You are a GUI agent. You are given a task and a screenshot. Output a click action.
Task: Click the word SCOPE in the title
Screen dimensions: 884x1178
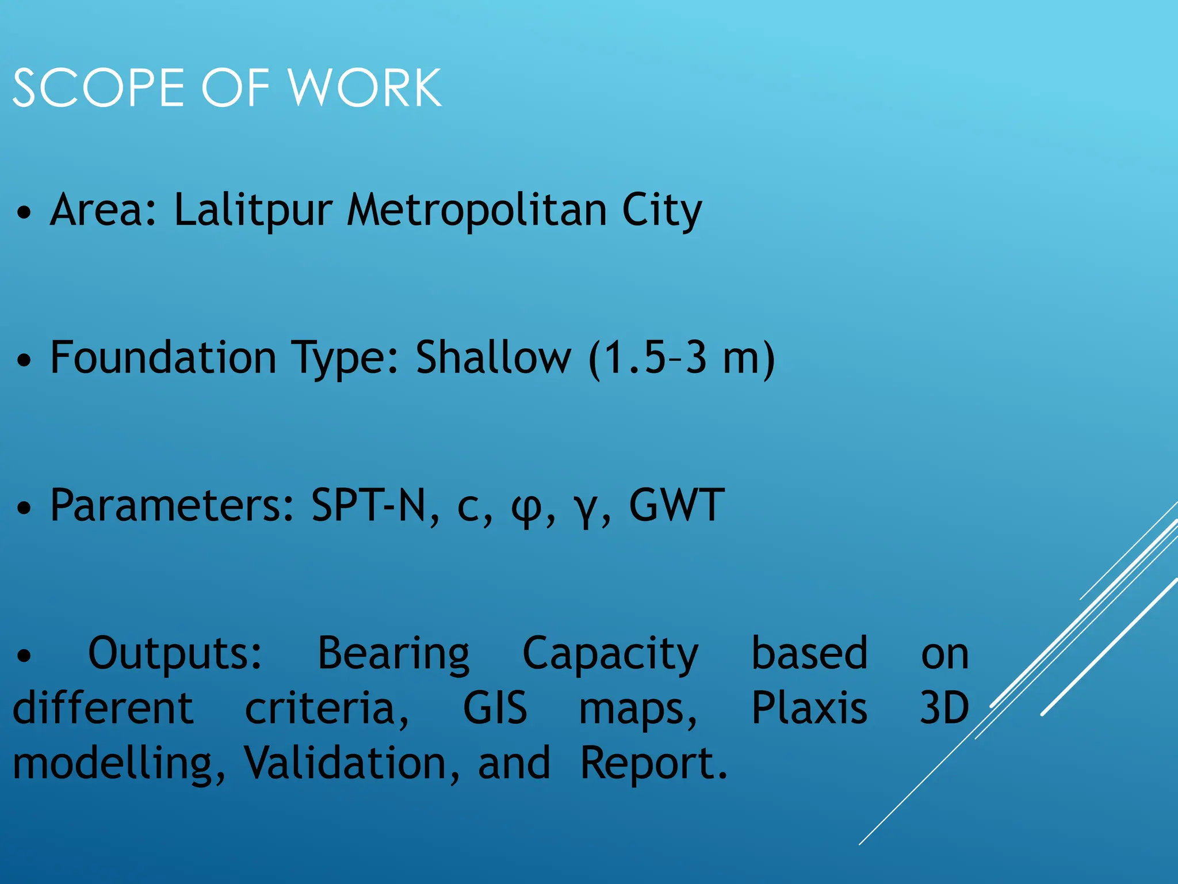pyautogui.click(x=98, y=87)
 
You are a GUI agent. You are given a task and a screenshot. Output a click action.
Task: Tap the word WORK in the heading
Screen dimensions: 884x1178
pyautogui.click(x=365, y=87)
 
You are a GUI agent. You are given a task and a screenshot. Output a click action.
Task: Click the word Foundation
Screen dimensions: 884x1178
pyautogui.click(x=163, y=357)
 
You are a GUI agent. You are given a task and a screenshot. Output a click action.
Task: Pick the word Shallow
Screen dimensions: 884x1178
pyautogui.click(x=494, y=357)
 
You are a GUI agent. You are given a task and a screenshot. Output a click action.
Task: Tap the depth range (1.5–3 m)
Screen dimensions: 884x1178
pyautogui.click(x=682, y=359)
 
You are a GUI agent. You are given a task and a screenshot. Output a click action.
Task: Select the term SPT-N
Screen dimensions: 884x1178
pyautogui.click(x=375, y=505)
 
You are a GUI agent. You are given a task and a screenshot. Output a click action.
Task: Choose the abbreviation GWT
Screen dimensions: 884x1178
pyautogui.click(x=676, y=505)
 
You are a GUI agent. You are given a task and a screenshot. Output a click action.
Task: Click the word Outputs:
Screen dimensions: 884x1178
pyautogui.click(x=175, y=654)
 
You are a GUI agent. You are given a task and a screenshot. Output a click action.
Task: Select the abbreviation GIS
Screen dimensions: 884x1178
pyautogui.click(x=495, y=708)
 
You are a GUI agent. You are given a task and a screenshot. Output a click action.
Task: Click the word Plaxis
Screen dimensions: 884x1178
pyautogui.click(x=809, y=708)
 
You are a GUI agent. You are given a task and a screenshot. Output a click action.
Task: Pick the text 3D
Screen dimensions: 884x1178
pyautogui.click(x=944, y=708)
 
